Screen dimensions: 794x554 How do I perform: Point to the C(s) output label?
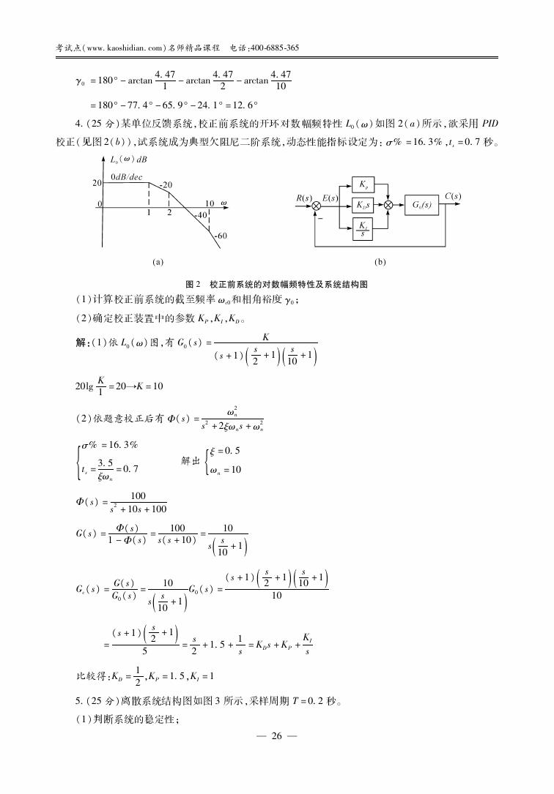(453, 196)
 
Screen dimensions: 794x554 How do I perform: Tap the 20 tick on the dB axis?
(96, 184)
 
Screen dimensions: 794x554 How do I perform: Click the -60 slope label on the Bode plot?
(221, 236)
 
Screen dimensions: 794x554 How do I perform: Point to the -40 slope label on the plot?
(200, 216)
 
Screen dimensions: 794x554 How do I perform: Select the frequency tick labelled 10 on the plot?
(210, 203)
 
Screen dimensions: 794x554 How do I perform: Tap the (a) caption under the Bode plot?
(157, 261)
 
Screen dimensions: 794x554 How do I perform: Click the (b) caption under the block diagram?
(380, 261)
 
